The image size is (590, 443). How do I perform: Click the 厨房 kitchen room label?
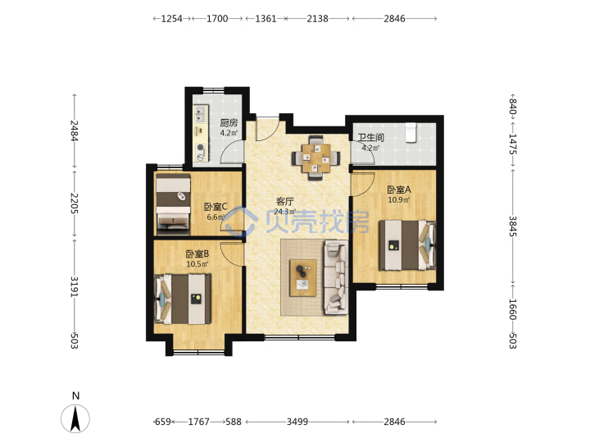click(229, 123)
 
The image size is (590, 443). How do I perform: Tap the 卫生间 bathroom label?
click(370, 138)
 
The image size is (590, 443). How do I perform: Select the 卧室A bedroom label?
click(399, 190)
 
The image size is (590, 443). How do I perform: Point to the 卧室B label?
click(197, 253)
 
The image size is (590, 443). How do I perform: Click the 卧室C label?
click(216, 207)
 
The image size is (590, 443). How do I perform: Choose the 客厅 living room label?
click(285, 202)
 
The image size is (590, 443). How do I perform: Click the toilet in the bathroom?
click(411, 132)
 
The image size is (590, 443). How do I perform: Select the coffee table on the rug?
click(303, 278)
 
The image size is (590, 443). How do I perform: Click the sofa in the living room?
click(336, 277)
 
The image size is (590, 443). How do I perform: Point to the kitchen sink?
click(201, 115)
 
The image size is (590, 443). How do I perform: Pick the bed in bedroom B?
click(183, 299)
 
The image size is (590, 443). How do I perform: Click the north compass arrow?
click(75, 418)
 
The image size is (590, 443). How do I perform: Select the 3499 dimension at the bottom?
click(297, 422)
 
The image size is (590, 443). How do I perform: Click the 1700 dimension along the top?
click(217, 18)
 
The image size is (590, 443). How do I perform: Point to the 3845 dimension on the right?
click(512, 226)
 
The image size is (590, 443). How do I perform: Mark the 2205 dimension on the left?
click(74, 203)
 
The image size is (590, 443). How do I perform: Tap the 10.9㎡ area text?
click(399, 200)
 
